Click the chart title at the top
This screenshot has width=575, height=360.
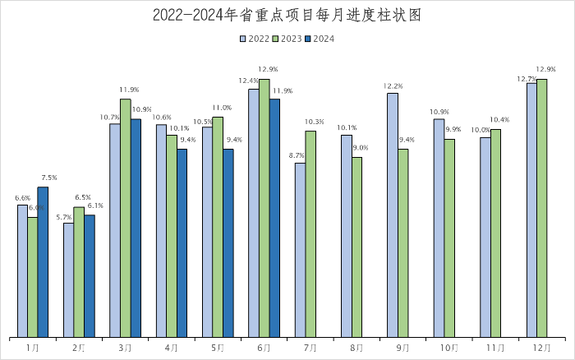287,16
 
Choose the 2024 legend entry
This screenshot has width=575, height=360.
318,38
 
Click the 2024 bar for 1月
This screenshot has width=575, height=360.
43,261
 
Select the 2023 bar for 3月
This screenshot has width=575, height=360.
126,218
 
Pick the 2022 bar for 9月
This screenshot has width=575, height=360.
393,215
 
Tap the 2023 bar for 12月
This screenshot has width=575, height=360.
542,208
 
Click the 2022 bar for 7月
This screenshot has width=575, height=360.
300,250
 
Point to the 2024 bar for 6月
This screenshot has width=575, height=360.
274,218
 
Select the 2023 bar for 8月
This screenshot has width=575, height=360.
357,247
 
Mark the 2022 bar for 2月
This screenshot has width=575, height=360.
68,279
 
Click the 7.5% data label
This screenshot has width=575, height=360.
48,178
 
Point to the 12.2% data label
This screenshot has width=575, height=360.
393,86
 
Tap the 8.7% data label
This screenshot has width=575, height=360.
297,156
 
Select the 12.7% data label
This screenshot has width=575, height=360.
527,79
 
